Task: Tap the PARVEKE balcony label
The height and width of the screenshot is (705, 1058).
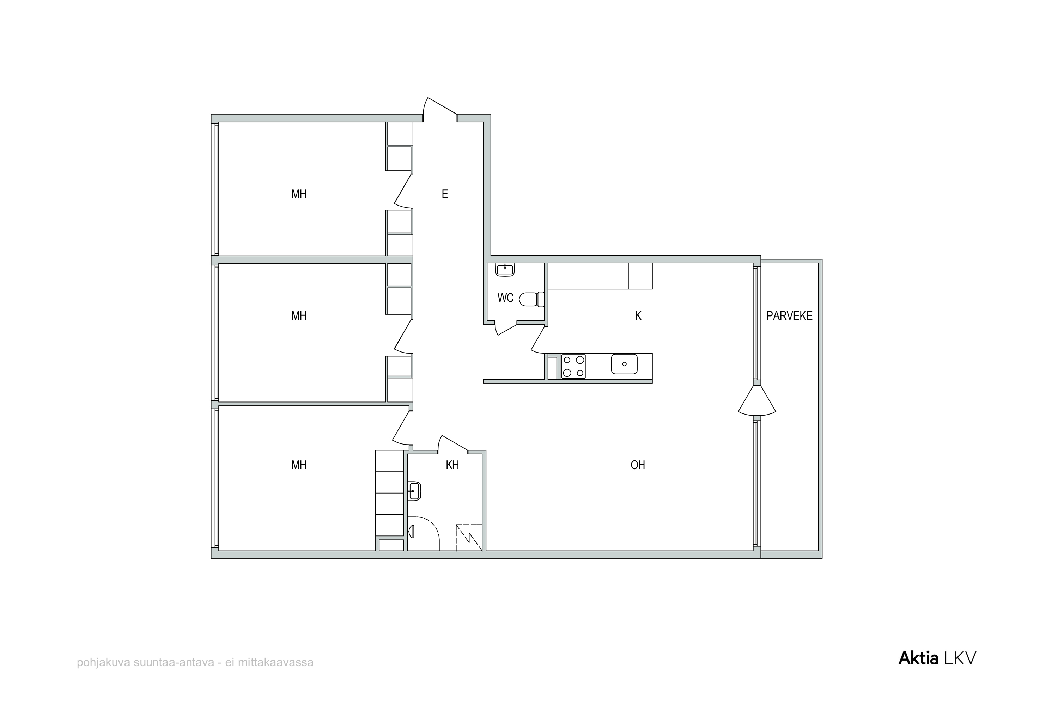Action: pos(790,316)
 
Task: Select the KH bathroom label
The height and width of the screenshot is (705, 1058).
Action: pos(452,465)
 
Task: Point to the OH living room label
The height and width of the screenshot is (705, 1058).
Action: pos(638,465)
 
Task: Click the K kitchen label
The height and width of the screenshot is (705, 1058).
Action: pos(638,316)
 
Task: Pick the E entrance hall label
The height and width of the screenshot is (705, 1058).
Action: pos(445,194)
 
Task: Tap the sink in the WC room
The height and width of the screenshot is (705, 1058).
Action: pos(505,269)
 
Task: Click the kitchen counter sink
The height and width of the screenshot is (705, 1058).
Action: pos(624,364)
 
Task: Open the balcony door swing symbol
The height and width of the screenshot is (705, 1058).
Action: pos(757,400)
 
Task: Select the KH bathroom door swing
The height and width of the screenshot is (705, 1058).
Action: pos(453,444)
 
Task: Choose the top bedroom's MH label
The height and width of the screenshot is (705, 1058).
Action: pos(299,194)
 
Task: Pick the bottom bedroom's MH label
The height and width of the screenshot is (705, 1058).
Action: pos(299,465)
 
